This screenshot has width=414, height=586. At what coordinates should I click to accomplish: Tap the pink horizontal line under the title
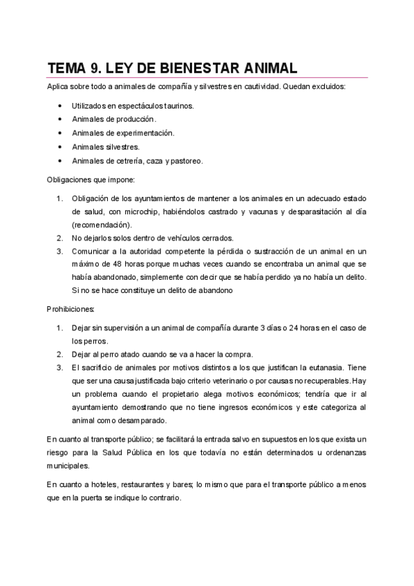coord(207,77)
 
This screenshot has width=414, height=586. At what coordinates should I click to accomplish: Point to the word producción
coord(141,120)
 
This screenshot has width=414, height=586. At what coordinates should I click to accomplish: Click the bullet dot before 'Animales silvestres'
coord(61,146)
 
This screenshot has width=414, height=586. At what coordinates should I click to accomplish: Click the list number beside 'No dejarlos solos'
coord(60,237)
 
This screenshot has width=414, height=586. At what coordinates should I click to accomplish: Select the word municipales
coord(68,466)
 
